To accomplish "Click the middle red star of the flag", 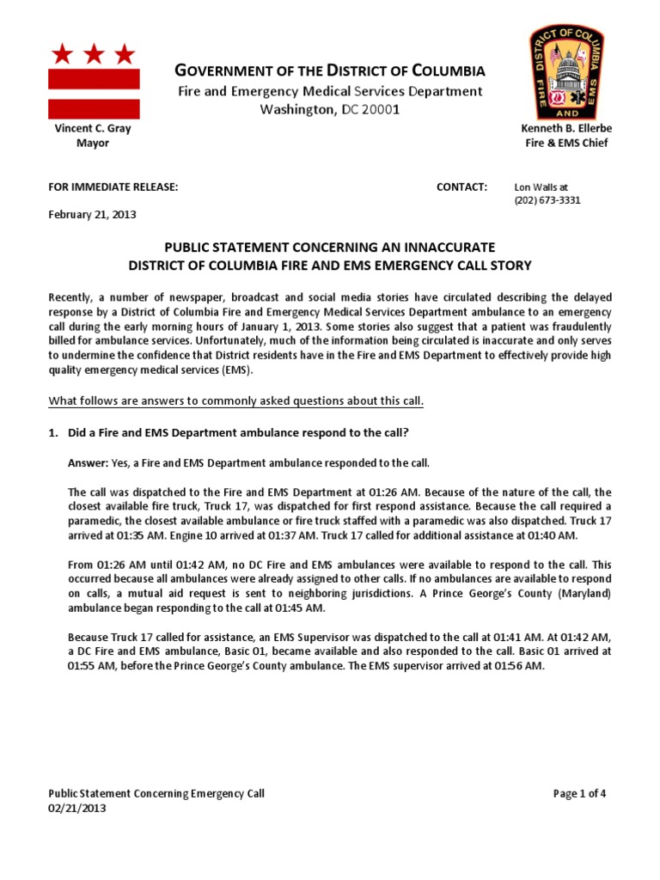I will (94, 55).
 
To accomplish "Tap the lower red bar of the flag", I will (94, 109).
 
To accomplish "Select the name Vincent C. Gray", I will (93, 128).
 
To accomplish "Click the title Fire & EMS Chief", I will (566, 143).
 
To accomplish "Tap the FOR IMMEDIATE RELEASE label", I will (113, 187).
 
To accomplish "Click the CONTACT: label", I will (461, 187).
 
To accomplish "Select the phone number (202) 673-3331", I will (547, 200).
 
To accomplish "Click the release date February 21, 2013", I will (92, 215).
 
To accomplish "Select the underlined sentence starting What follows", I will (236, 402).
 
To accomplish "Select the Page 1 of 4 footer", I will (580, 793).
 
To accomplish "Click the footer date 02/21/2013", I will (77, 808).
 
